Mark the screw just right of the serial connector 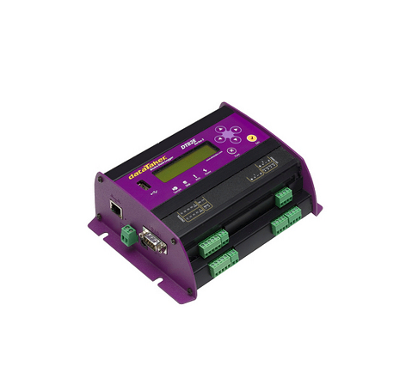tap(171, 241)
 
